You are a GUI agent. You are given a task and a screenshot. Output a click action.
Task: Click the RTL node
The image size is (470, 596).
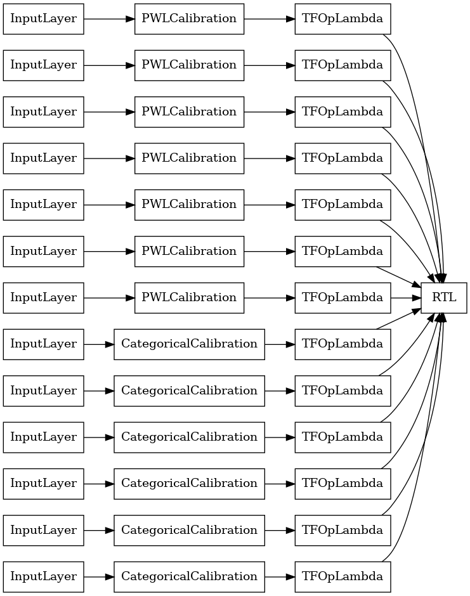(x=443, y=297)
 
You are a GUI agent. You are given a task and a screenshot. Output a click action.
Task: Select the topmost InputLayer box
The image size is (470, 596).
(x=43, y=18)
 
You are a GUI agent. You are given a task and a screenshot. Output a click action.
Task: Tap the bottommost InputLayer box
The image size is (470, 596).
(x=43, y=576)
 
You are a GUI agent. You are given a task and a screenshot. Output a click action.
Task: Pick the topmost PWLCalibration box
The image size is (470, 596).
(x=189, y=18)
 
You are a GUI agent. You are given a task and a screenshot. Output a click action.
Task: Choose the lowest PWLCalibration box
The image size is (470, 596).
(x=189, y=297)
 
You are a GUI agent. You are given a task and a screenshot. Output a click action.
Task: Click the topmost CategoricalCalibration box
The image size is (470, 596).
(x=189, y=344)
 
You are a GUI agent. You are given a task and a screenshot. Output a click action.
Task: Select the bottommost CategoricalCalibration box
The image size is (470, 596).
(x=189, y=576)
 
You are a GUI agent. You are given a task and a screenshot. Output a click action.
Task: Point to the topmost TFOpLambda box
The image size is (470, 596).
(x=343, y=18)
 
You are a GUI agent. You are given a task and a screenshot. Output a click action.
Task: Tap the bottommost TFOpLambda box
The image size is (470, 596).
(x=343, y=576)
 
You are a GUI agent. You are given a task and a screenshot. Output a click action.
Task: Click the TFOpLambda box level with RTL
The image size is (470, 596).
(x=343, y=297)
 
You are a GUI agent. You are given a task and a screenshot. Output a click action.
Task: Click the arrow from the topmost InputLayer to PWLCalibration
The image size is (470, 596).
(x=109, y=18)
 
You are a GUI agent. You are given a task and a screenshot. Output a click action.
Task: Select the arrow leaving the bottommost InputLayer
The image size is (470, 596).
(x=99, y=576)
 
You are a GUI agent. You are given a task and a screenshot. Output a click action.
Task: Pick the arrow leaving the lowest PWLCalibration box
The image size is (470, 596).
(x=270, y=297)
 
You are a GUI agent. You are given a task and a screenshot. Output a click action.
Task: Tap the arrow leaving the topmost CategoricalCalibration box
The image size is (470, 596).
(x=280, y=344)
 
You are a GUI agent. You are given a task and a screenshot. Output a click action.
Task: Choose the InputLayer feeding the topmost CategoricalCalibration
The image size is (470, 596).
(x=43, y=344)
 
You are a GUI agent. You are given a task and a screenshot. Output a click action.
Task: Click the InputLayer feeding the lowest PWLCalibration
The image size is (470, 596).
(x=43, y=297)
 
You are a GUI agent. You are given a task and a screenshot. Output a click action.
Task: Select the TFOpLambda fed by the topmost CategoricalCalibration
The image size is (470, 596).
(x=343, y=344)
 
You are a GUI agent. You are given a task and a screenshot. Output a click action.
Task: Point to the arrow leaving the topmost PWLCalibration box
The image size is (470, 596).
(x=270, y=18)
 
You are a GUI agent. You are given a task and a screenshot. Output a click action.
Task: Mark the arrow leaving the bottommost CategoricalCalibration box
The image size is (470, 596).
(x=280, y=576)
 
